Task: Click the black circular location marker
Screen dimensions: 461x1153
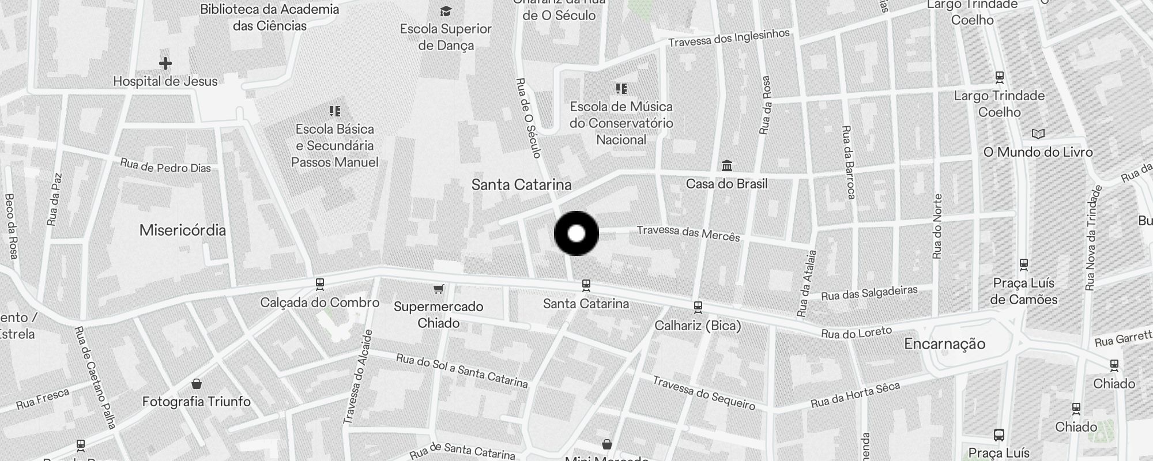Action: coord(576,233)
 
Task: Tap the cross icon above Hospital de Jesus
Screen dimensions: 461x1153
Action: coord(165,63)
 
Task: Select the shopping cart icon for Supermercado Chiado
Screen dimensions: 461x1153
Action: coord(439,288)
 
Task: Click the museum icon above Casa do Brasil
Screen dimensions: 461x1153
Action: coord(727,166)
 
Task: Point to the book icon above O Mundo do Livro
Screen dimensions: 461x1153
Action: coord(1038,134)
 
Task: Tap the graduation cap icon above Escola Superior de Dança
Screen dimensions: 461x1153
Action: coord(446,11)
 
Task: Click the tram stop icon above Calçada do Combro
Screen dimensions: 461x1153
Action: coord(320,284)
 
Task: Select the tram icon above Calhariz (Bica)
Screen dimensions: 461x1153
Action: coord(698,307)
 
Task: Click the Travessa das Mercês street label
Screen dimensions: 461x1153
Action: coord(688,233)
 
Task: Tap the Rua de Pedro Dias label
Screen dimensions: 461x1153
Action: coord(165,167)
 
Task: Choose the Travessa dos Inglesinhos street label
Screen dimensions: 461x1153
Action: coord(729,38)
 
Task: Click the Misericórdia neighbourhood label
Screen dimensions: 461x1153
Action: coord(183,231)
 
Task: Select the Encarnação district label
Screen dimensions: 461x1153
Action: coord(944,344)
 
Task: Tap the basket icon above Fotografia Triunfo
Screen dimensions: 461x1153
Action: coord(197,384)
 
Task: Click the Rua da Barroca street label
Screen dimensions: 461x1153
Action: coord(847,163)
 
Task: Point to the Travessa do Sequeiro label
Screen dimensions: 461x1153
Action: coord(703,392)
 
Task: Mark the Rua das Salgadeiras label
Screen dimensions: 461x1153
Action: coord(869,293)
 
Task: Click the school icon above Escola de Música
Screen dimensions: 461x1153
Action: coord(621,89)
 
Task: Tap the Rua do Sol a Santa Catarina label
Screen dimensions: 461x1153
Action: coord(461,371)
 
